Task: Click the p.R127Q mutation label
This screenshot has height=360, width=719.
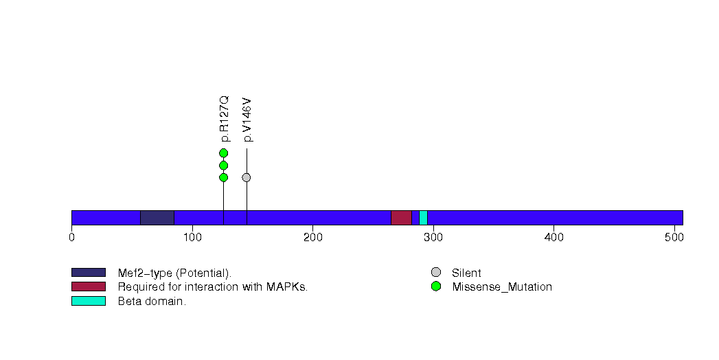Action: (x=224, y=119)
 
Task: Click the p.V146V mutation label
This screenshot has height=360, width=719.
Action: (x=247, y=120)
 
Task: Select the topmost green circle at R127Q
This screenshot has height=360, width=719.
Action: (x=224, y=153)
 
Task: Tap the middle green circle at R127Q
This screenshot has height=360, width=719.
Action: (x=224, y=165)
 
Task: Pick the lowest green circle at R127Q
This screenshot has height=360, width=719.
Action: (x=224, y=177)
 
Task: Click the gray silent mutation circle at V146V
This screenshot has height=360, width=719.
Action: (x=247, y=177)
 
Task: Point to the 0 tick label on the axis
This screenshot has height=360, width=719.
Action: (x=71, y=238)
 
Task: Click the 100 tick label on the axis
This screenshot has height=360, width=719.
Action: (x=192, y=238)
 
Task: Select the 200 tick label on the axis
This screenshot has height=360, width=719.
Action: (x=312, y=238)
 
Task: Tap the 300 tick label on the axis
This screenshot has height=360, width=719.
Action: (x=433, y=238)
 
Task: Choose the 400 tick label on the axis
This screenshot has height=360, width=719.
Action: (x=554, y=238)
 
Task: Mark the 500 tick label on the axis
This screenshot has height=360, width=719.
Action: (x=674, y=238)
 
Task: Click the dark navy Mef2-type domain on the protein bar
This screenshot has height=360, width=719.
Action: (x=157, y=218)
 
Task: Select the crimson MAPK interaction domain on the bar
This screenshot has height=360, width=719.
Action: (x=401, y=218)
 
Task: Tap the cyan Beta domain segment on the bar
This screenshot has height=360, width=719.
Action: (x=423, y=218)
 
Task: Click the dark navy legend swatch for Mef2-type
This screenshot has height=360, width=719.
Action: (x=89, y=273)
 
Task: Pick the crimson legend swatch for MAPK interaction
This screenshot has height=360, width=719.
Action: (x=89, y=286)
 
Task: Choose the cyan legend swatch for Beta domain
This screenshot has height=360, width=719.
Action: (x=89, y=301)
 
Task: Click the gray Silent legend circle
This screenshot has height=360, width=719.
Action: (x=436, y=273)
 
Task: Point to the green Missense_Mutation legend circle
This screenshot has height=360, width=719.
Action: (x=436, y=286)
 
